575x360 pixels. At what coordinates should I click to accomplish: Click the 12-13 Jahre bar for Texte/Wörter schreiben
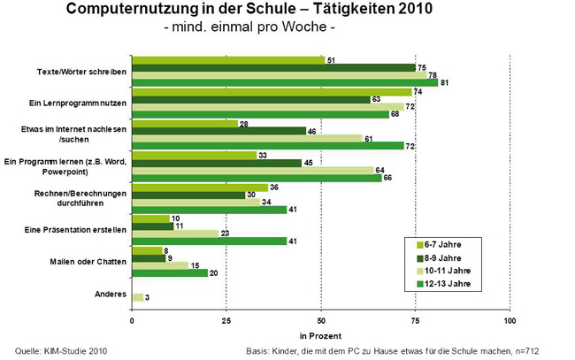point(284,83)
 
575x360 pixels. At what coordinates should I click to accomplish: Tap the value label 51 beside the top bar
point(330,60)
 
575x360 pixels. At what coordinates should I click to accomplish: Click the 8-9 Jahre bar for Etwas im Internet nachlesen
point(218,131)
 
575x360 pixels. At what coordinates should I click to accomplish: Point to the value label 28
point(243,123)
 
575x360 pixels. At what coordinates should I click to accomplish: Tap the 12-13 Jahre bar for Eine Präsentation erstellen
point(209,240)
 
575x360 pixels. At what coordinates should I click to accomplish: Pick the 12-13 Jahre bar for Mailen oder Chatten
point(169,272)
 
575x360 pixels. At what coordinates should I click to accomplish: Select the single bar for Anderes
point(137,297)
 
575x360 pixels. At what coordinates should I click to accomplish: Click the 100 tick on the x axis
point(510,319)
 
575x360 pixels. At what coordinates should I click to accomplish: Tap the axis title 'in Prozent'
point(320,336)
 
